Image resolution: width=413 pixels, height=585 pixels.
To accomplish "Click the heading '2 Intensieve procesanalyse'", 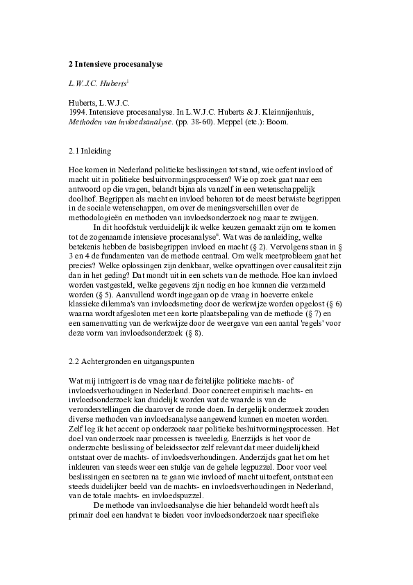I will tap(115, 64).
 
